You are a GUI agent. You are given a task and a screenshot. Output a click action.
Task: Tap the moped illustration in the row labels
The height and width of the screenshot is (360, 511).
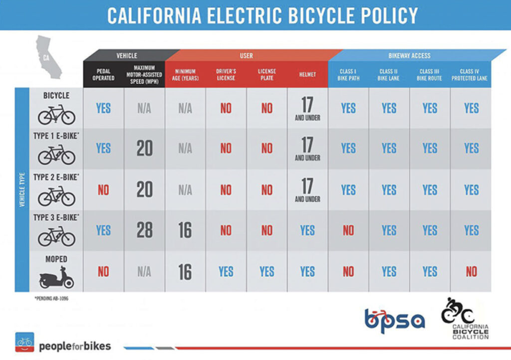56,277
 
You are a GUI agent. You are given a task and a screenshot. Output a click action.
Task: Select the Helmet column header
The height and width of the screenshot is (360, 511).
307,75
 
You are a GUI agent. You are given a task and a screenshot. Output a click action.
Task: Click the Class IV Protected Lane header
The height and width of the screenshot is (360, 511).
470,75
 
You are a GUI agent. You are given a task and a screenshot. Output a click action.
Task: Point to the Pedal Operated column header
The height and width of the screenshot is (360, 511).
103,75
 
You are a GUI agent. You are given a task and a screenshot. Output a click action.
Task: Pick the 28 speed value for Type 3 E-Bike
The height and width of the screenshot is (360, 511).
144,230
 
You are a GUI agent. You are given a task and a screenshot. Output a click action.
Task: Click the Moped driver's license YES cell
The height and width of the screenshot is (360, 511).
226,271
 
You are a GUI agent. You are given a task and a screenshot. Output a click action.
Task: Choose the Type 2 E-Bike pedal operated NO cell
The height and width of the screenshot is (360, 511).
103,189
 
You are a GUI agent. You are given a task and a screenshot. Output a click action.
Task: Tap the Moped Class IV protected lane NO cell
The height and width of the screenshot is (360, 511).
471,271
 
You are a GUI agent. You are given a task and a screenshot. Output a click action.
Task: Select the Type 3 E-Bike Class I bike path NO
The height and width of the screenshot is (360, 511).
348,230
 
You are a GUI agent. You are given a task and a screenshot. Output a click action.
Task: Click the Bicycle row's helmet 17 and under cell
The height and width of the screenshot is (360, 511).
307,109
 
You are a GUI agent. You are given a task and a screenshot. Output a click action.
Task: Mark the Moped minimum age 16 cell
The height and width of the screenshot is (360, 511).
185,271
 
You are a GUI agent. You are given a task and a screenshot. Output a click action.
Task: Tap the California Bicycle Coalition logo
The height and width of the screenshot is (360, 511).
465,319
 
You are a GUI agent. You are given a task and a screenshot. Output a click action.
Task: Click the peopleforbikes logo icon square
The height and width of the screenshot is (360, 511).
24,342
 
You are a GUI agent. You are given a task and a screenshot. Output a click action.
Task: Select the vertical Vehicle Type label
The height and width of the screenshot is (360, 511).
22,189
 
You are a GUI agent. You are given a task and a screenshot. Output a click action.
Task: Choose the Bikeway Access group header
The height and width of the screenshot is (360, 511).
409,56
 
